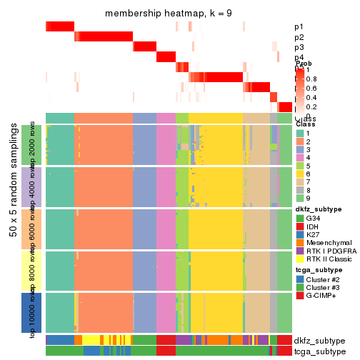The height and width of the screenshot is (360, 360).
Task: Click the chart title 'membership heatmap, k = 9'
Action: coord(169,14)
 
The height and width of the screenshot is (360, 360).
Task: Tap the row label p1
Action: coord(299,26)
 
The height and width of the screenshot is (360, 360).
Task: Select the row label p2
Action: coord(299,37)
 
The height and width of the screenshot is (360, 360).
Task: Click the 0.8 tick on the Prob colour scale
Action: coord(313,79)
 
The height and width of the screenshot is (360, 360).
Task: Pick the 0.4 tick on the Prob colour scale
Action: coord(313,97)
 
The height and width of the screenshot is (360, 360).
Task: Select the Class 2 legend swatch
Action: coord(301,143)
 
